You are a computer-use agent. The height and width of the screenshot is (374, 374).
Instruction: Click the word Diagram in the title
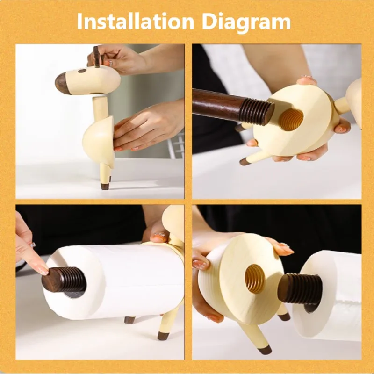pos(247,22)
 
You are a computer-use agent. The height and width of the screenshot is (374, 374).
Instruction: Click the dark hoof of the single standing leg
pos(105,186)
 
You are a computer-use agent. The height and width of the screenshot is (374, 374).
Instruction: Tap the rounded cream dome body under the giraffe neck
pos(99,141)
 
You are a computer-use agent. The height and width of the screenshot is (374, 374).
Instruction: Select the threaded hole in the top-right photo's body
pos(291,119)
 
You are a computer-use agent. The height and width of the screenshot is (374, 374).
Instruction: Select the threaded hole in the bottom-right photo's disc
pos(255,279)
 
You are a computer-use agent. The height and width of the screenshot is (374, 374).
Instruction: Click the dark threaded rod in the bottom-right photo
pos(299,288)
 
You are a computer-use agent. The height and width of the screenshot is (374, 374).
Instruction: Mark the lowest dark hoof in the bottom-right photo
pos(265,350)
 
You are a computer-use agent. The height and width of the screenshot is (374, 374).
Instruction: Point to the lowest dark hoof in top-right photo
pos(245,162)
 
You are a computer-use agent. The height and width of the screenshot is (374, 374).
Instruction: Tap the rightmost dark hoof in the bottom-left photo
pos(163,336)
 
